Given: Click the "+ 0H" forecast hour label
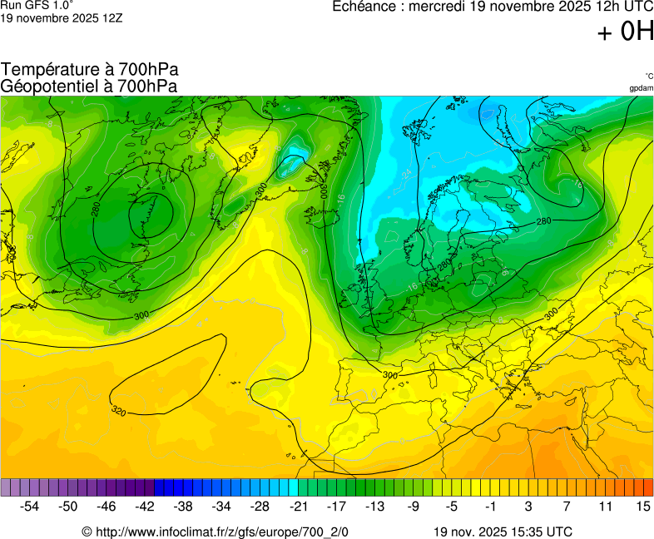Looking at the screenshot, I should (626, 32).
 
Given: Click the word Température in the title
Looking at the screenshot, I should (49, 70).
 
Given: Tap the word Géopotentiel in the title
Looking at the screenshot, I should (49, 86).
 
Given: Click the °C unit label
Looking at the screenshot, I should (648, 76).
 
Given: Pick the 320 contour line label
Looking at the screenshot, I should (119, 410).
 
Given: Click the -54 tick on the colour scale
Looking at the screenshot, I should (30, 506).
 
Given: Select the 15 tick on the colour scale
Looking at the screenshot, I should (642, 506).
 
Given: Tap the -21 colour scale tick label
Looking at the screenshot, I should (298, 506).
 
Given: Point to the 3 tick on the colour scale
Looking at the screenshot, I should (528, 506).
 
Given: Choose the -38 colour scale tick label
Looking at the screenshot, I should (183, 506).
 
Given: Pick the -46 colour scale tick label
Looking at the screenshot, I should (107, 506).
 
